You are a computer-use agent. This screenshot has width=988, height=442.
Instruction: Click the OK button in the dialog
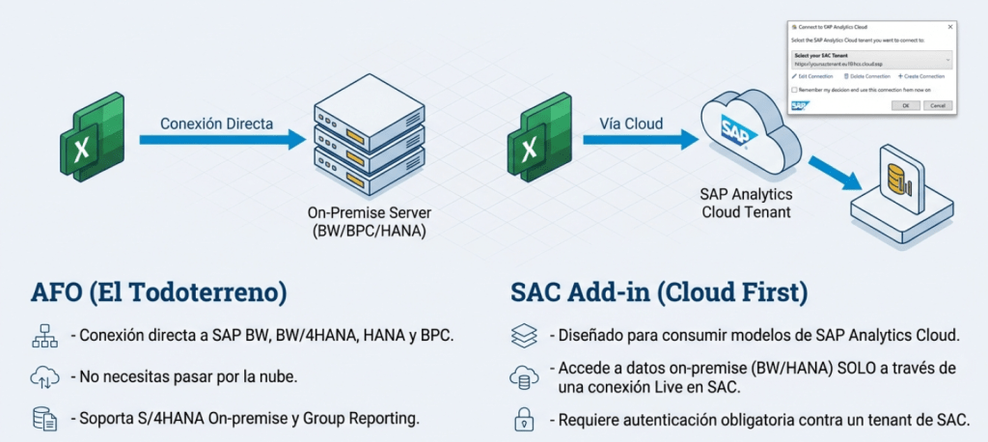(x=904, y=105)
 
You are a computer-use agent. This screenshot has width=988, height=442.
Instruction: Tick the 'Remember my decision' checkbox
(x=794, y=89)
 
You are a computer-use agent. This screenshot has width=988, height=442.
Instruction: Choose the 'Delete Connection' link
(x=866, y=75)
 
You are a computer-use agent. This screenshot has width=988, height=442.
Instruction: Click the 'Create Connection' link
(x=921, y=75)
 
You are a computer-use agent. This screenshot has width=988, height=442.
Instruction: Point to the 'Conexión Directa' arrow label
(x=216, y=124)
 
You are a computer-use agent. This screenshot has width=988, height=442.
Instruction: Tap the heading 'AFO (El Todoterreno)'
(x=159, y=290)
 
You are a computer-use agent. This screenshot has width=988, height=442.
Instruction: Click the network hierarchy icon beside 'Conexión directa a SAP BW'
(x=45, y=336)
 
